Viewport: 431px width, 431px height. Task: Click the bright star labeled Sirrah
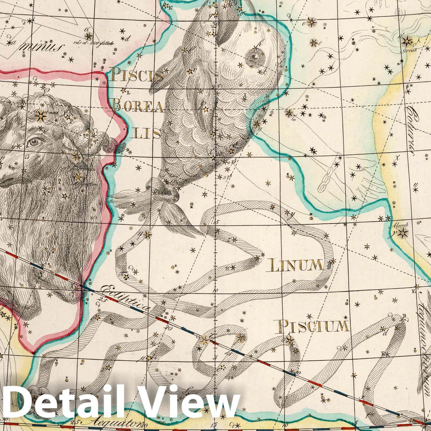coord(407,42)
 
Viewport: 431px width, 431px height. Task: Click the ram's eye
coord(34,142)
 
